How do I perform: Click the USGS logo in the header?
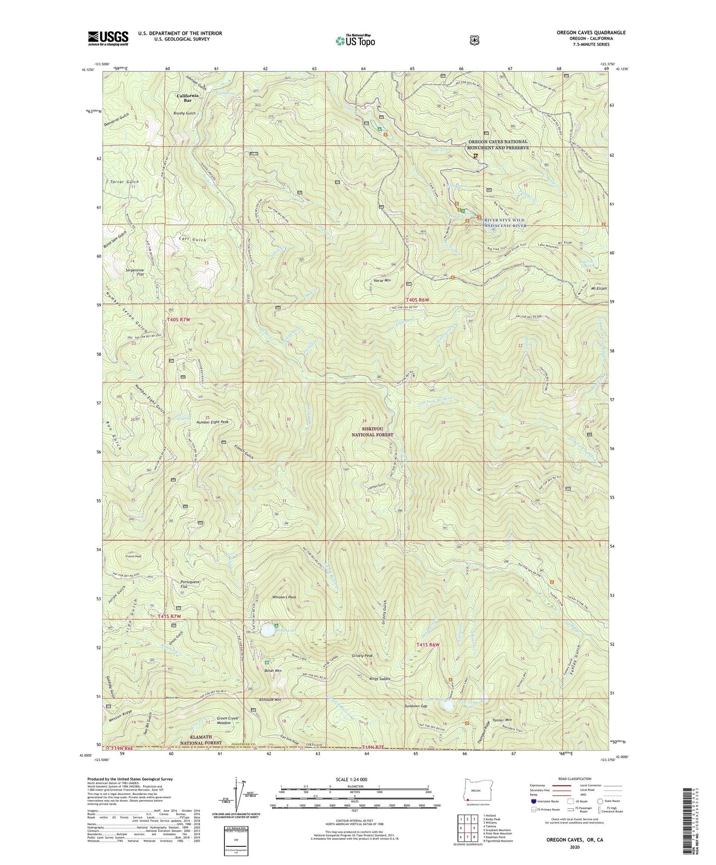tap(108, 38)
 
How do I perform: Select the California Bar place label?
tap(187, 98)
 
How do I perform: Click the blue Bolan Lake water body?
tap(267, 631)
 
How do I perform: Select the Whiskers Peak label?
tap(284, 597)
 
